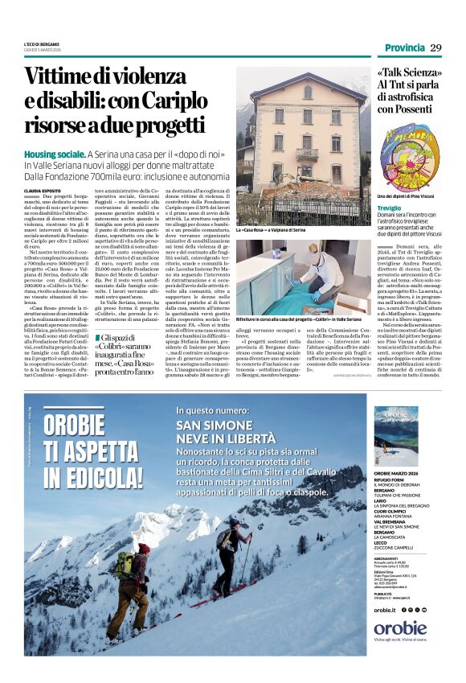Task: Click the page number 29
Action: tap(435, 48)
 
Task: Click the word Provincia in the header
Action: tap(403, 48)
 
